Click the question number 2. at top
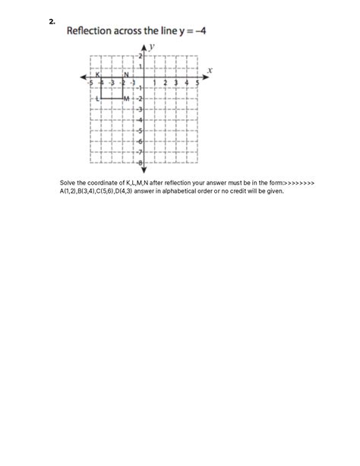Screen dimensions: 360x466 pyautogui.click(x=51, y=22)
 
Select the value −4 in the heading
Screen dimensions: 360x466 pyautogui.click(x=200, y=31)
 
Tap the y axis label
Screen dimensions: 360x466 pyautogui.click(x=152, y=47)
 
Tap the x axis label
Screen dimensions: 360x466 pyautogui.click(x=209, y=69)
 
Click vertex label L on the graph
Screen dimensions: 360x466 pyautogui.click(x=97, y=99)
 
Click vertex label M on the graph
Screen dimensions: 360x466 pyautogui.click(x=126, y=99)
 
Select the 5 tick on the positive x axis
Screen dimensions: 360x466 pyautogui.click(x=198, y=83)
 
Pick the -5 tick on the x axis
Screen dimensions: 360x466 pyautogui.click(x=90, y=83)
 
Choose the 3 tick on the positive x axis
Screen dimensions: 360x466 pyautogui.click(x=176, y=83)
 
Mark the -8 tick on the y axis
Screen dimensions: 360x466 pyautogui.click(x=140, y=162)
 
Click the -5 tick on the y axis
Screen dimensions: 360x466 pyautogui.click(x=140, y=131)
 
